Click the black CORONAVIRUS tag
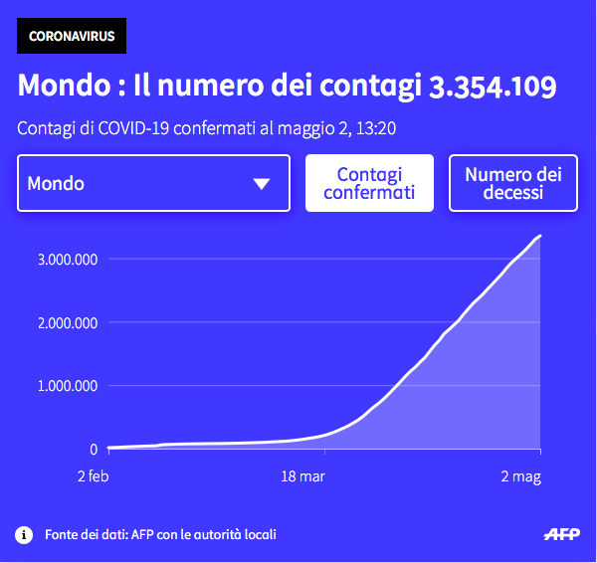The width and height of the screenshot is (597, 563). pos(72,37)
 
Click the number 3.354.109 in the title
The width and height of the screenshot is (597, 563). pos(492,86)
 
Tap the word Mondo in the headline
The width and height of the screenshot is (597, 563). pos(62,86)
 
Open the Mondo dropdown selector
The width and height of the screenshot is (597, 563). pos(153,183)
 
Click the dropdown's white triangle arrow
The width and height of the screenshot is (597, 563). pos(262,183)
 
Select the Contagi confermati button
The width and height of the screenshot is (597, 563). pos(369,183)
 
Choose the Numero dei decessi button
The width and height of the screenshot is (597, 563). pos(513,183)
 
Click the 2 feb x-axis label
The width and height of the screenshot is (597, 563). pos(93,477)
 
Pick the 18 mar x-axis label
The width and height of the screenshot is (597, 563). pos(302,477)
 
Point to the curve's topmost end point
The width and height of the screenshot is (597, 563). pos(540,236)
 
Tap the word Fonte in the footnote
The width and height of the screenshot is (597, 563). pos(62,534)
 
